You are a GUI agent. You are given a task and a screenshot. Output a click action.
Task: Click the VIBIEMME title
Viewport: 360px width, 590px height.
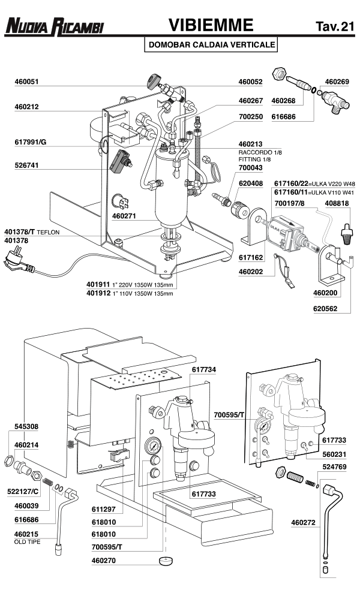coord(209,25)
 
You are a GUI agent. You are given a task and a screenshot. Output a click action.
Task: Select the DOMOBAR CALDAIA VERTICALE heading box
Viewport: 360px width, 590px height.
coord(212,44)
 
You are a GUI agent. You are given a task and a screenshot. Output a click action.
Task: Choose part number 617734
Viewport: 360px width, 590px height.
coord(203,370)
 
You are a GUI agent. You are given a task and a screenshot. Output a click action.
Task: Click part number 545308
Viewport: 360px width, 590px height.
coord(26,426)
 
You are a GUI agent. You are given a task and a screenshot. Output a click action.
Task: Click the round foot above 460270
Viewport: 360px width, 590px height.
coord(164,561)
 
